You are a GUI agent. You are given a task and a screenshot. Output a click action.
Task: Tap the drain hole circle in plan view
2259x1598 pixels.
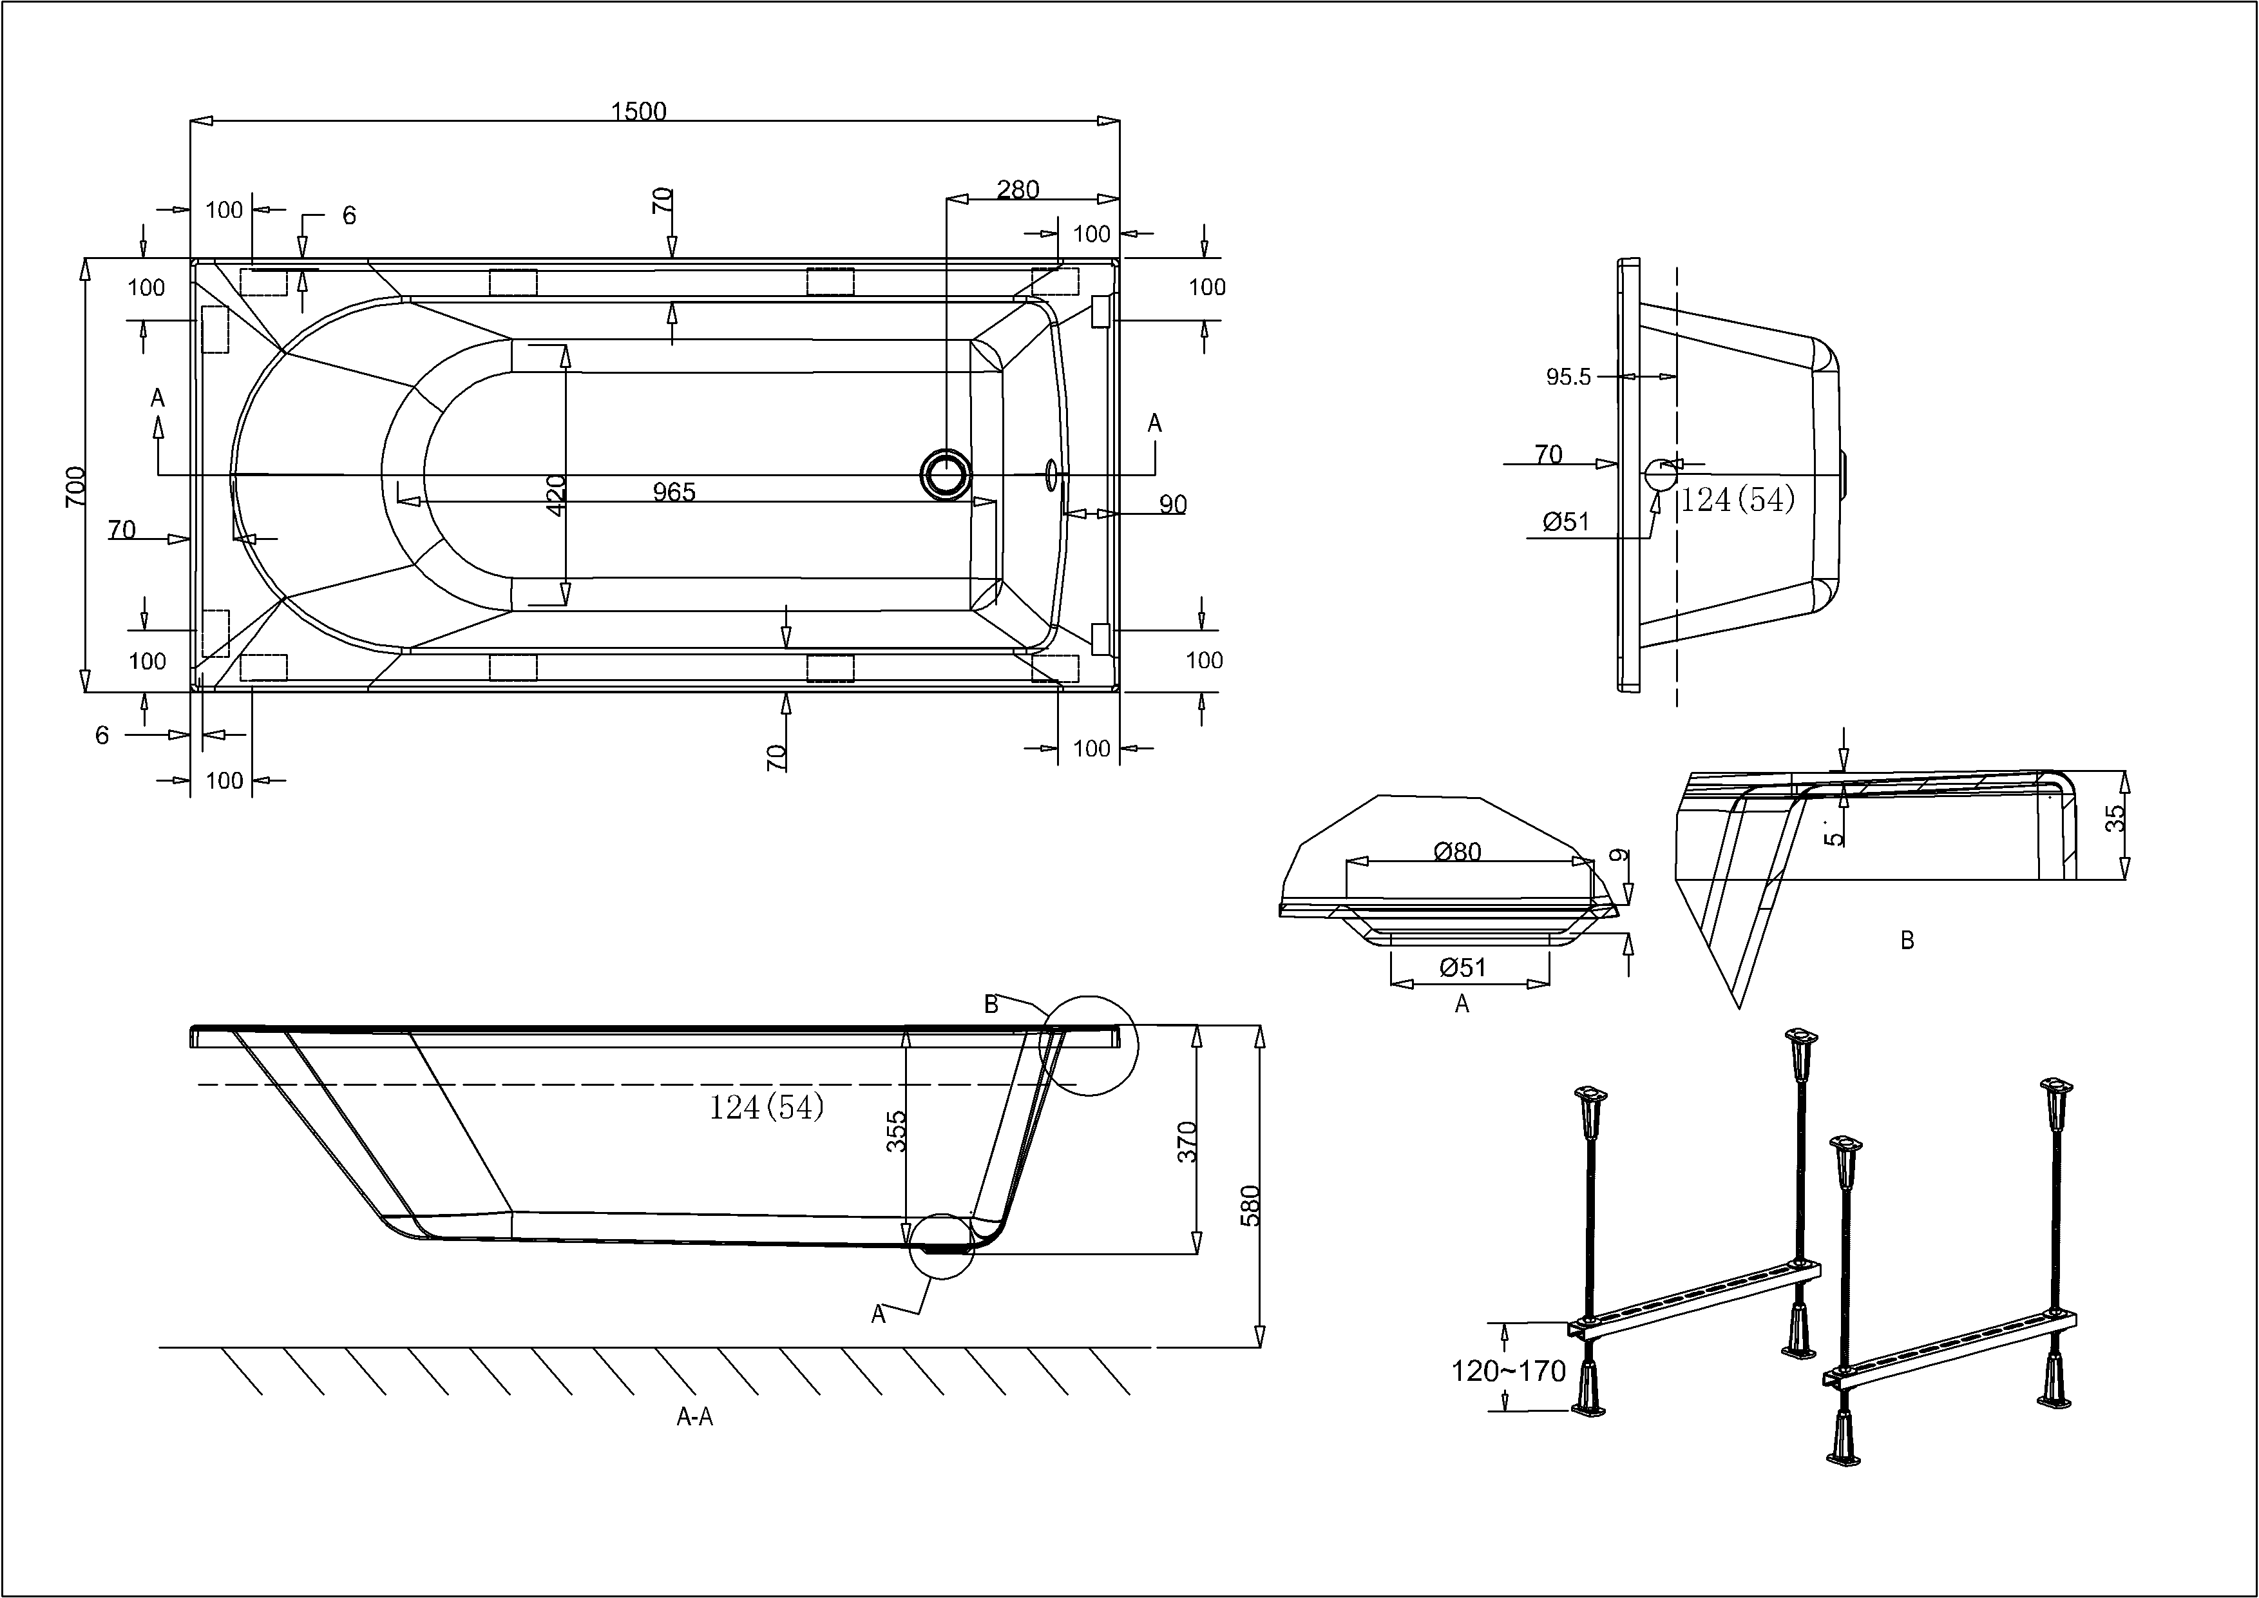(946, 474)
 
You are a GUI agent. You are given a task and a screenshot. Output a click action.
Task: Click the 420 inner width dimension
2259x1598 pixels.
(556, 495)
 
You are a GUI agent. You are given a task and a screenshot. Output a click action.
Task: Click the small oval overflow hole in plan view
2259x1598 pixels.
(1052, 474)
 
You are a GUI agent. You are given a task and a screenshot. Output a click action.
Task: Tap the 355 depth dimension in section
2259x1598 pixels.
(896, 1131)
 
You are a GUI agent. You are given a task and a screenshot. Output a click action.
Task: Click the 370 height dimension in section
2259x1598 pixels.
(1188, 1141)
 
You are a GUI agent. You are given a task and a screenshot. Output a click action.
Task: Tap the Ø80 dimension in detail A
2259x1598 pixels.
(1457, 851)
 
